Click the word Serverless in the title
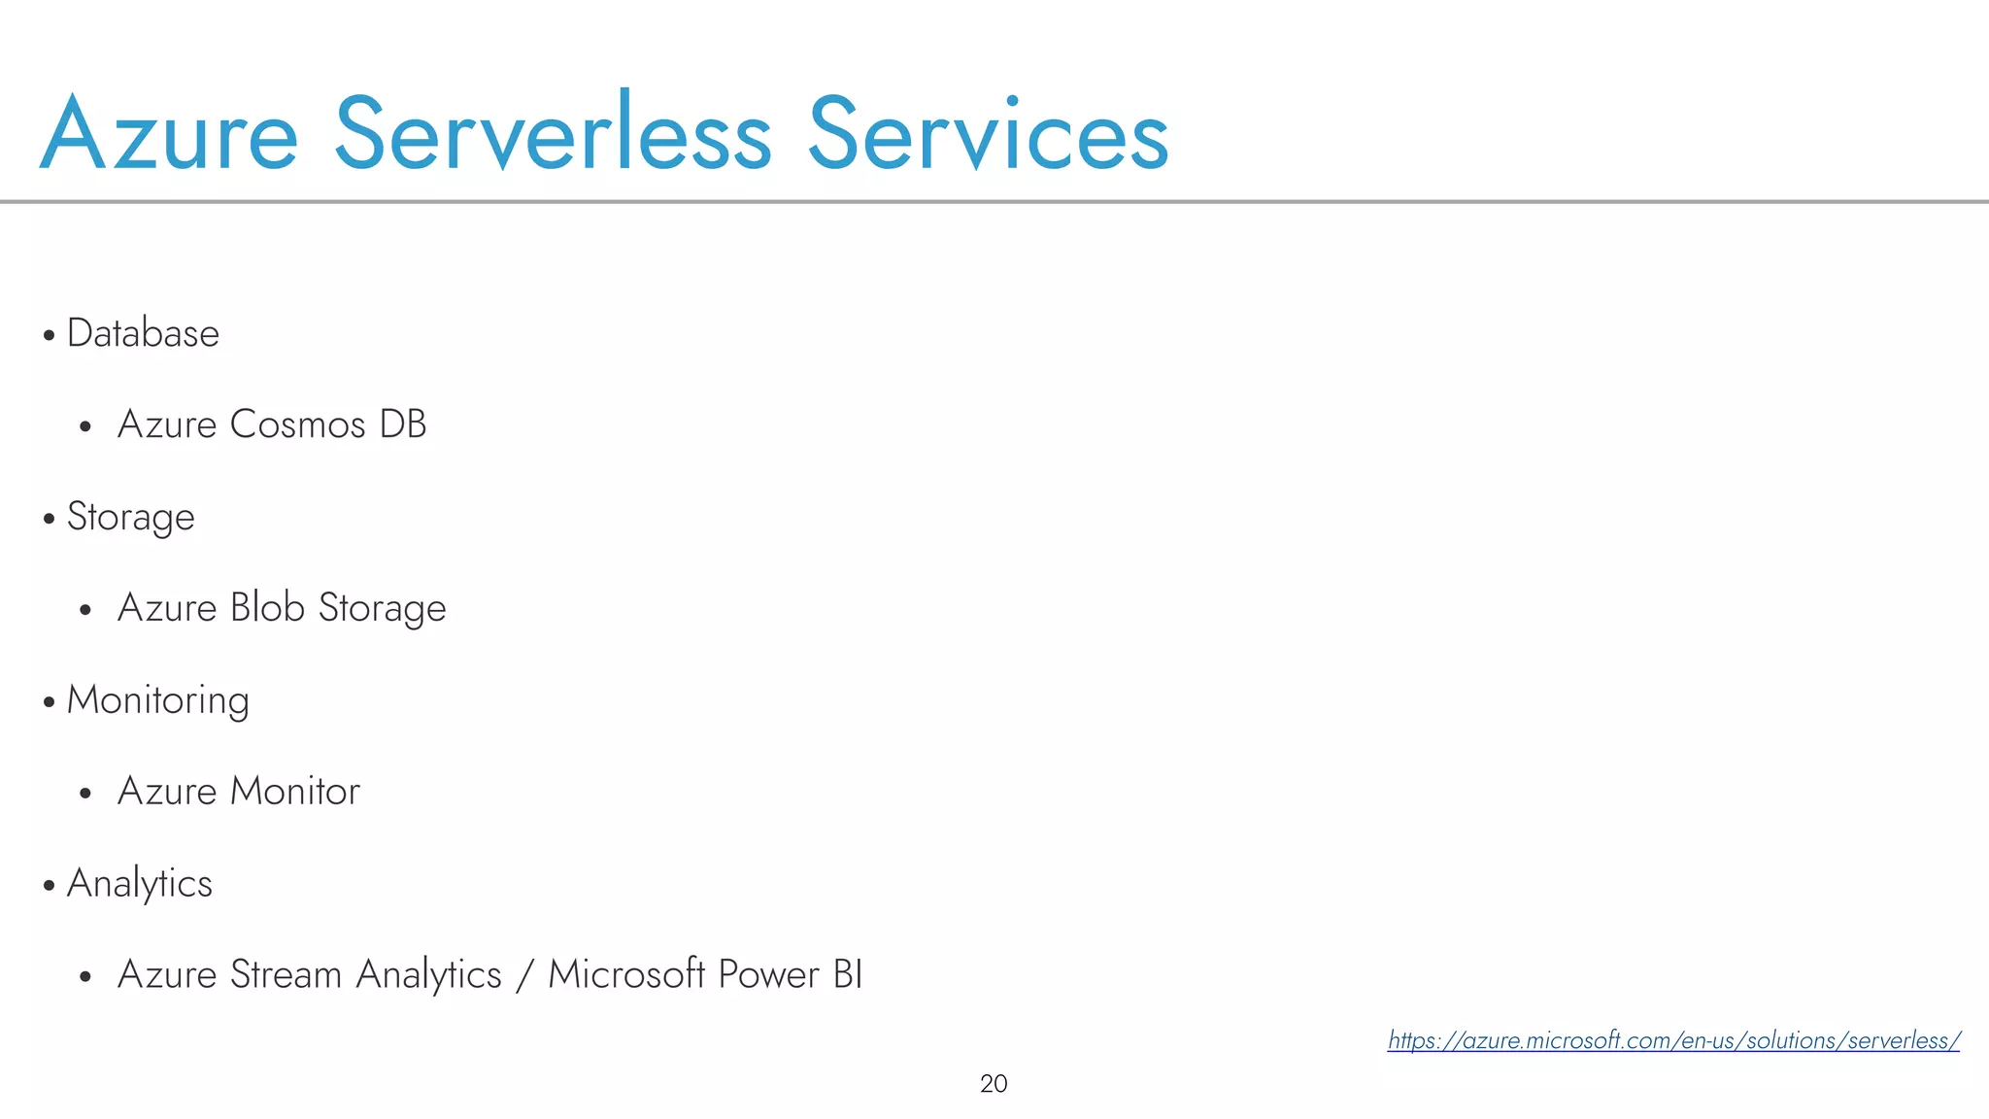click(x=553, y=134)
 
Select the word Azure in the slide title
click(x=169, y=134)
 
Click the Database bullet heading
click(x=143, y=333)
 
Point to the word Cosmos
click(x=298, y=424)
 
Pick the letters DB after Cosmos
click(x=403, y=424)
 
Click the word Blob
click(x=267, y=608)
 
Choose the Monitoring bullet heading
click(x=157, y=700)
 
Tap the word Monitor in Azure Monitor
click(x=294, y=792)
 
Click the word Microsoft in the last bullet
click(x=626, y=974)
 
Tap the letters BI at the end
click(x=848, y=974)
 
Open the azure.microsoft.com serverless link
click(x=1673, y=1040)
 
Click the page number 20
click(x=994, y=1084)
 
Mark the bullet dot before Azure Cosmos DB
click(x=85, y=426)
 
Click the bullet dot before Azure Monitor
click(x=85, y=794)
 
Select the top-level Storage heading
click(x=130, y=517)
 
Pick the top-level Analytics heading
click(x=139, y=884)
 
